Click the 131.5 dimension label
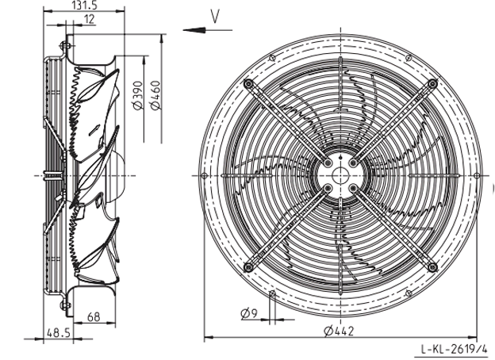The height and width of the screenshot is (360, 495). pyautogui.click(x=85, y=6)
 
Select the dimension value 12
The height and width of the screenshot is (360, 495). pyautogui.click(x=90, y=20)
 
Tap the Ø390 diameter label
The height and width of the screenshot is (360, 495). pyautogui.click(x=138, y=96)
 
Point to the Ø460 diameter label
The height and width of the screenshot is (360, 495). pyautogui.click(x=155, y=96)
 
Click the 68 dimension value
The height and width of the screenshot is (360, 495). pyautogui.click(x=94, y=316)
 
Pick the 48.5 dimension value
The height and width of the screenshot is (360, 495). pyautogui.click(x=58, y=333)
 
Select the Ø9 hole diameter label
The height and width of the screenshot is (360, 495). pyautogui.click(x=249, y=313)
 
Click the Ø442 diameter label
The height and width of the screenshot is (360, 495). pyautogui.click(x=339, y=331)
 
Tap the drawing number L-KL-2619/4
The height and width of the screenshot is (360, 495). pyautogui.click(x=455, y=349)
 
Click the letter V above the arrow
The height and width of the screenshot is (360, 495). pyautogui.click(x=215, y=17)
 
